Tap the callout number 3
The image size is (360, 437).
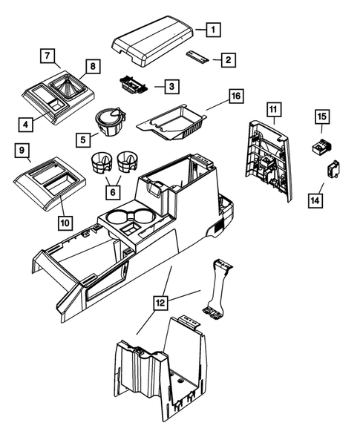pyautogui.click(x=171, y=87)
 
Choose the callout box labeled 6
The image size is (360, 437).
pyautogui.click(x=113, y=191)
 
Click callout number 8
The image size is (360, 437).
pyautogui.click(x=92, y=65)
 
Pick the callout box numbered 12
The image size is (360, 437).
pyautogui.click(x=161, y=303)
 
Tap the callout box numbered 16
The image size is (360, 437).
pyautogui.click(x=235, y=96)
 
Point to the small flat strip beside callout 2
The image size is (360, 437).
pyautogui.click(x=197, y=57)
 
